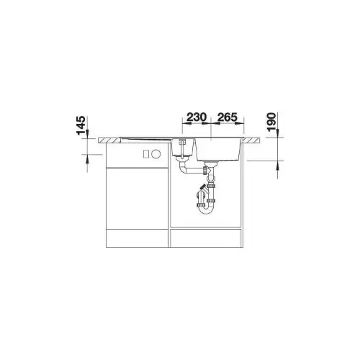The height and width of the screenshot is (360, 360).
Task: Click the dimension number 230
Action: pyautogui.click(x=197, y=117)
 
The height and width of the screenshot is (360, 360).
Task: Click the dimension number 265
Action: pyautogui.click(x=228, y=117)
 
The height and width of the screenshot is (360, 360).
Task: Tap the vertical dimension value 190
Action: pyautogui.click(x=271, y=122)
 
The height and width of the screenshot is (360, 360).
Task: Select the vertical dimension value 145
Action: pyautogui.click(x=81, y=125)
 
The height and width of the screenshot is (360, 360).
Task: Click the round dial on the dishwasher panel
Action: pyautogui.click(x=156, y=154)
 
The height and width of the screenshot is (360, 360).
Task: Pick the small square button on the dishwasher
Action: pyautogui.click(x=146, y=154)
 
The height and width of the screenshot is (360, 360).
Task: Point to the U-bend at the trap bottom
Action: pyautogui.click(x=206, y=211)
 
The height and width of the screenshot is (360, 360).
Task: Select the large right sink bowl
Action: pyautogui.click(x=218, y=149)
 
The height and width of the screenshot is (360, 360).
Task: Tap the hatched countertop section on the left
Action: pyautogui.click(x=109, y=140)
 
